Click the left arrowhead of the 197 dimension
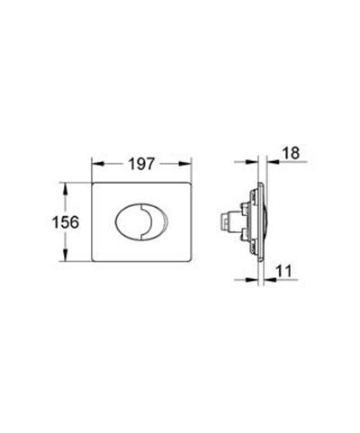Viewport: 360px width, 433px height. [96, 166]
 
